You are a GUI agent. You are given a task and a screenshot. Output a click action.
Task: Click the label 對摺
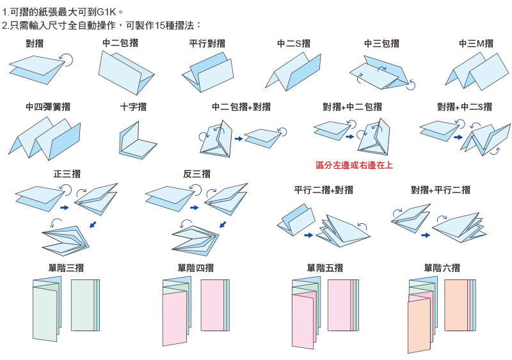(35, 43)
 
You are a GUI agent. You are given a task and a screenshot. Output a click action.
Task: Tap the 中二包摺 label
(120, 43)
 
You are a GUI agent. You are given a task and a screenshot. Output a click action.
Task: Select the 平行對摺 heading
(207, 43)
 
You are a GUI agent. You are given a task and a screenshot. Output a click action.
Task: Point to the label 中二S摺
(294, 43)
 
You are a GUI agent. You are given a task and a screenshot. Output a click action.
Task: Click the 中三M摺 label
(476, 43)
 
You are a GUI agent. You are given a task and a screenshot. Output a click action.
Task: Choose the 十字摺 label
(133, 107)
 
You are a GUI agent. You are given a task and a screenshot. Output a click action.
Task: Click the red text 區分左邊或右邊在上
(355, 165)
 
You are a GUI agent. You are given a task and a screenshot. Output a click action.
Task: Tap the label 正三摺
(67, 174)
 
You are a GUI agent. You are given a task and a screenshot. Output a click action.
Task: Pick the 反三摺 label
(196, 174)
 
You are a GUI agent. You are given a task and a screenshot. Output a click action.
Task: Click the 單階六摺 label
(442, 269)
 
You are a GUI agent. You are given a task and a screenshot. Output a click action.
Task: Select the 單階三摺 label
(67, 269)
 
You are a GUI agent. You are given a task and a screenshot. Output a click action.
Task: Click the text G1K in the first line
(107, 12)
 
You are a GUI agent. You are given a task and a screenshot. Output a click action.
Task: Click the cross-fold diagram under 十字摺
(138, 140)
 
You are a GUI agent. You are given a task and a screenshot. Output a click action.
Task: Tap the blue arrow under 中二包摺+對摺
(239, 139)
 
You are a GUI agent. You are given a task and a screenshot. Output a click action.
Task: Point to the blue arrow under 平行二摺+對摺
(308, 235)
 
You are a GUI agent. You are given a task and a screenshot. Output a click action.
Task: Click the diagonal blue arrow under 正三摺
(93, 224)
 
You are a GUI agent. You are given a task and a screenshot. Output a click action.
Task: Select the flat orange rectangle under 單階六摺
(457, 305)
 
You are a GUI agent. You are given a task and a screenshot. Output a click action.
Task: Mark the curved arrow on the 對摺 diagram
(68, 59)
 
